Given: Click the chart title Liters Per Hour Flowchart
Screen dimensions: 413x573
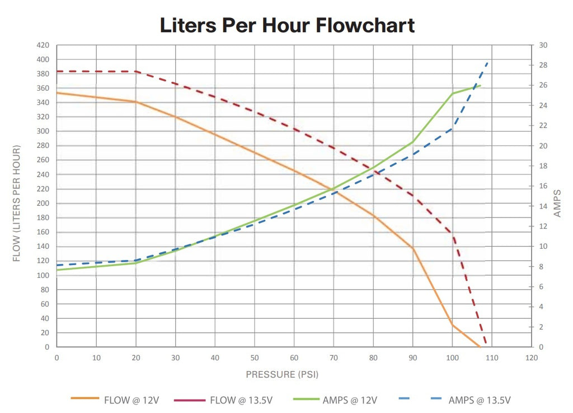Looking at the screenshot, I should [x=287, y=25].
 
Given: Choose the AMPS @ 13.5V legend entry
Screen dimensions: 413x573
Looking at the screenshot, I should [x=479, y=400].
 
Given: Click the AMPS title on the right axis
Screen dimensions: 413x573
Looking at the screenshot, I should [x=557, y=203].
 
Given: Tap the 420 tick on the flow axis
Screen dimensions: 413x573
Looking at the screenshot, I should [x=43, y=45].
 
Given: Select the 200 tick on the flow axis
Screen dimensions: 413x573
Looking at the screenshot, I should [x=43, y=203].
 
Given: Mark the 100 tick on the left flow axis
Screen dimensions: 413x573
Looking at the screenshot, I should [x=43, y=275].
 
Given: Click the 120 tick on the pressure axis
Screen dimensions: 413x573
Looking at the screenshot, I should [x=531, y=357].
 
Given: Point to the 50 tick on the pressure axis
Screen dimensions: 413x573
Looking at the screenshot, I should [x=254, y=357].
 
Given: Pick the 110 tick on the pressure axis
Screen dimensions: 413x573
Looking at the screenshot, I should [x=491, y=357].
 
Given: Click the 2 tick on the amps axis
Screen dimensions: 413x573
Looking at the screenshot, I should [x=542, y=327].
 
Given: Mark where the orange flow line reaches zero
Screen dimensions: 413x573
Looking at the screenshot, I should [x=480, y=347].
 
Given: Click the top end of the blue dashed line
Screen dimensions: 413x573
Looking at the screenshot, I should [x=488, y=62].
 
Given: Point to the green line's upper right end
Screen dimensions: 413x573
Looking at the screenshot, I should [x=480, y=86].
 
